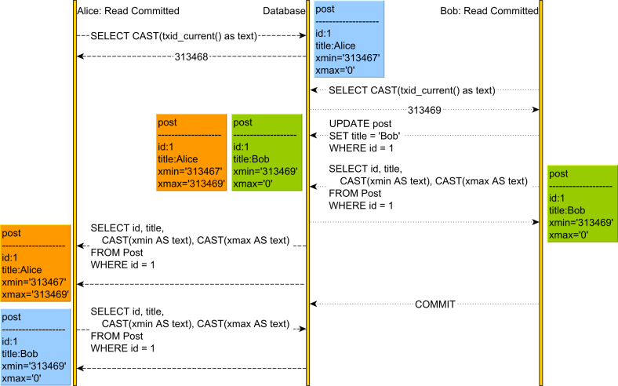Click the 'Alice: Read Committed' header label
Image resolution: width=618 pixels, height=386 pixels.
129,11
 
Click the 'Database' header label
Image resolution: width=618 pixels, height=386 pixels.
283,11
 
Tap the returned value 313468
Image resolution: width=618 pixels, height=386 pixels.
191,56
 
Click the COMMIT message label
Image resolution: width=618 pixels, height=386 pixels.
435,303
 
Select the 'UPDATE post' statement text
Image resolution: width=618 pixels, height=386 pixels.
359,124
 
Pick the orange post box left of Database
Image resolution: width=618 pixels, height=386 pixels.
192,152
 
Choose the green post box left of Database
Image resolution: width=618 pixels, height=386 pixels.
267,152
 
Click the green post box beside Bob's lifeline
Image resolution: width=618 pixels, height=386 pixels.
580,204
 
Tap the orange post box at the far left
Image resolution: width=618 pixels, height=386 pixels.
35,264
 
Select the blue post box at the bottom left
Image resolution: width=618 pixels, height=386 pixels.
35,347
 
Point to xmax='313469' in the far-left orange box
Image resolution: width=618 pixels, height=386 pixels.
35,294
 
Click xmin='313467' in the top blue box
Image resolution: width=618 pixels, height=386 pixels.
347,59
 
